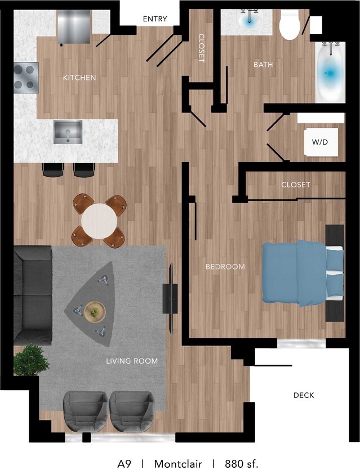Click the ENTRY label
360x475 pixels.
pyautogui.click(x=155, y=19)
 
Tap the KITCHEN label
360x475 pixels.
pyautogui.click(x=79, y=78)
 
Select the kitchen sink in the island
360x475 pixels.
pyautogui.click(x=68, y=132)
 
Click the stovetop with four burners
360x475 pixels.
pyautogui.click(x=26, y=78)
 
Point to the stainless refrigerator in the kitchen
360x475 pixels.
pyautogui.click(x=74, y=26)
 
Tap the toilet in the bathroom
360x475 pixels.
pyautogui.click(x=290, y=26)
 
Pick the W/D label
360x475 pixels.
pyautogui.click(x=320, y=142)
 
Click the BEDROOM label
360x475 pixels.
pyautogui.click(x=225, y=267)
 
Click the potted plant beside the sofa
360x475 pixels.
pyautogui.click(x=30, y=360)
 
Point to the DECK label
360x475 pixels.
pyautogui.click(x=304, y=395)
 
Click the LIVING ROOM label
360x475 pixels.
pyautogui.click(x=132, y=361)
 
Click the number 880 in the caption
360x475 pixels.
pyautogui.click(x=233, y=464)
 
